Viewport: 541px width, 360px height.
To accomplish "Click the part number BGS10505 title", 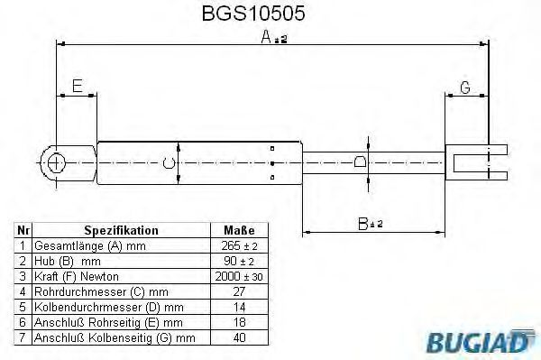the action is pos(253,14).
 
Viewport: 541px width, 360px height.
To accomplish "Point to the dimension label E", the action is pos(78,86).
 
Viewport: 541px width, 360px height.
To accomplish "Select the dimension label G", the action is pos(465,88).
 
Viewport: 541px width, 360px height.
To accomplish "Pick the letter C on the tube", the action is pos(169,162).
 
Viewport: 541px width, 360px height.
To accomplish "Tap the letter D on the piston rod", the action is pos(360,162).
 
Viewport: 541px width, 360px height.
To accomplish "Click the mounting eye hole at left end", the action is pos(55,163).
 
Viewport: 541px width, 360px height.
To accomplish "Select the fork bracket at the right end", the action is pos(476,162).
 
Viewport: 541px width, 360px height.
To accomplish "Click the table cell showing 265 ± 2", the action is pos(239,246).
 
